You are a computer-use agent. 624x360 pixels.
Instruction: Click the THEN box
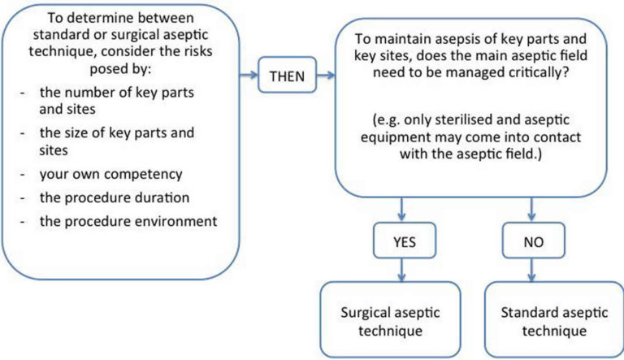tap(287, 77)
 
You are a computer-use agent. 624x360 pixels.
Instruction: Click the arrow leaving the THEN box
tap(324, 77)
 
